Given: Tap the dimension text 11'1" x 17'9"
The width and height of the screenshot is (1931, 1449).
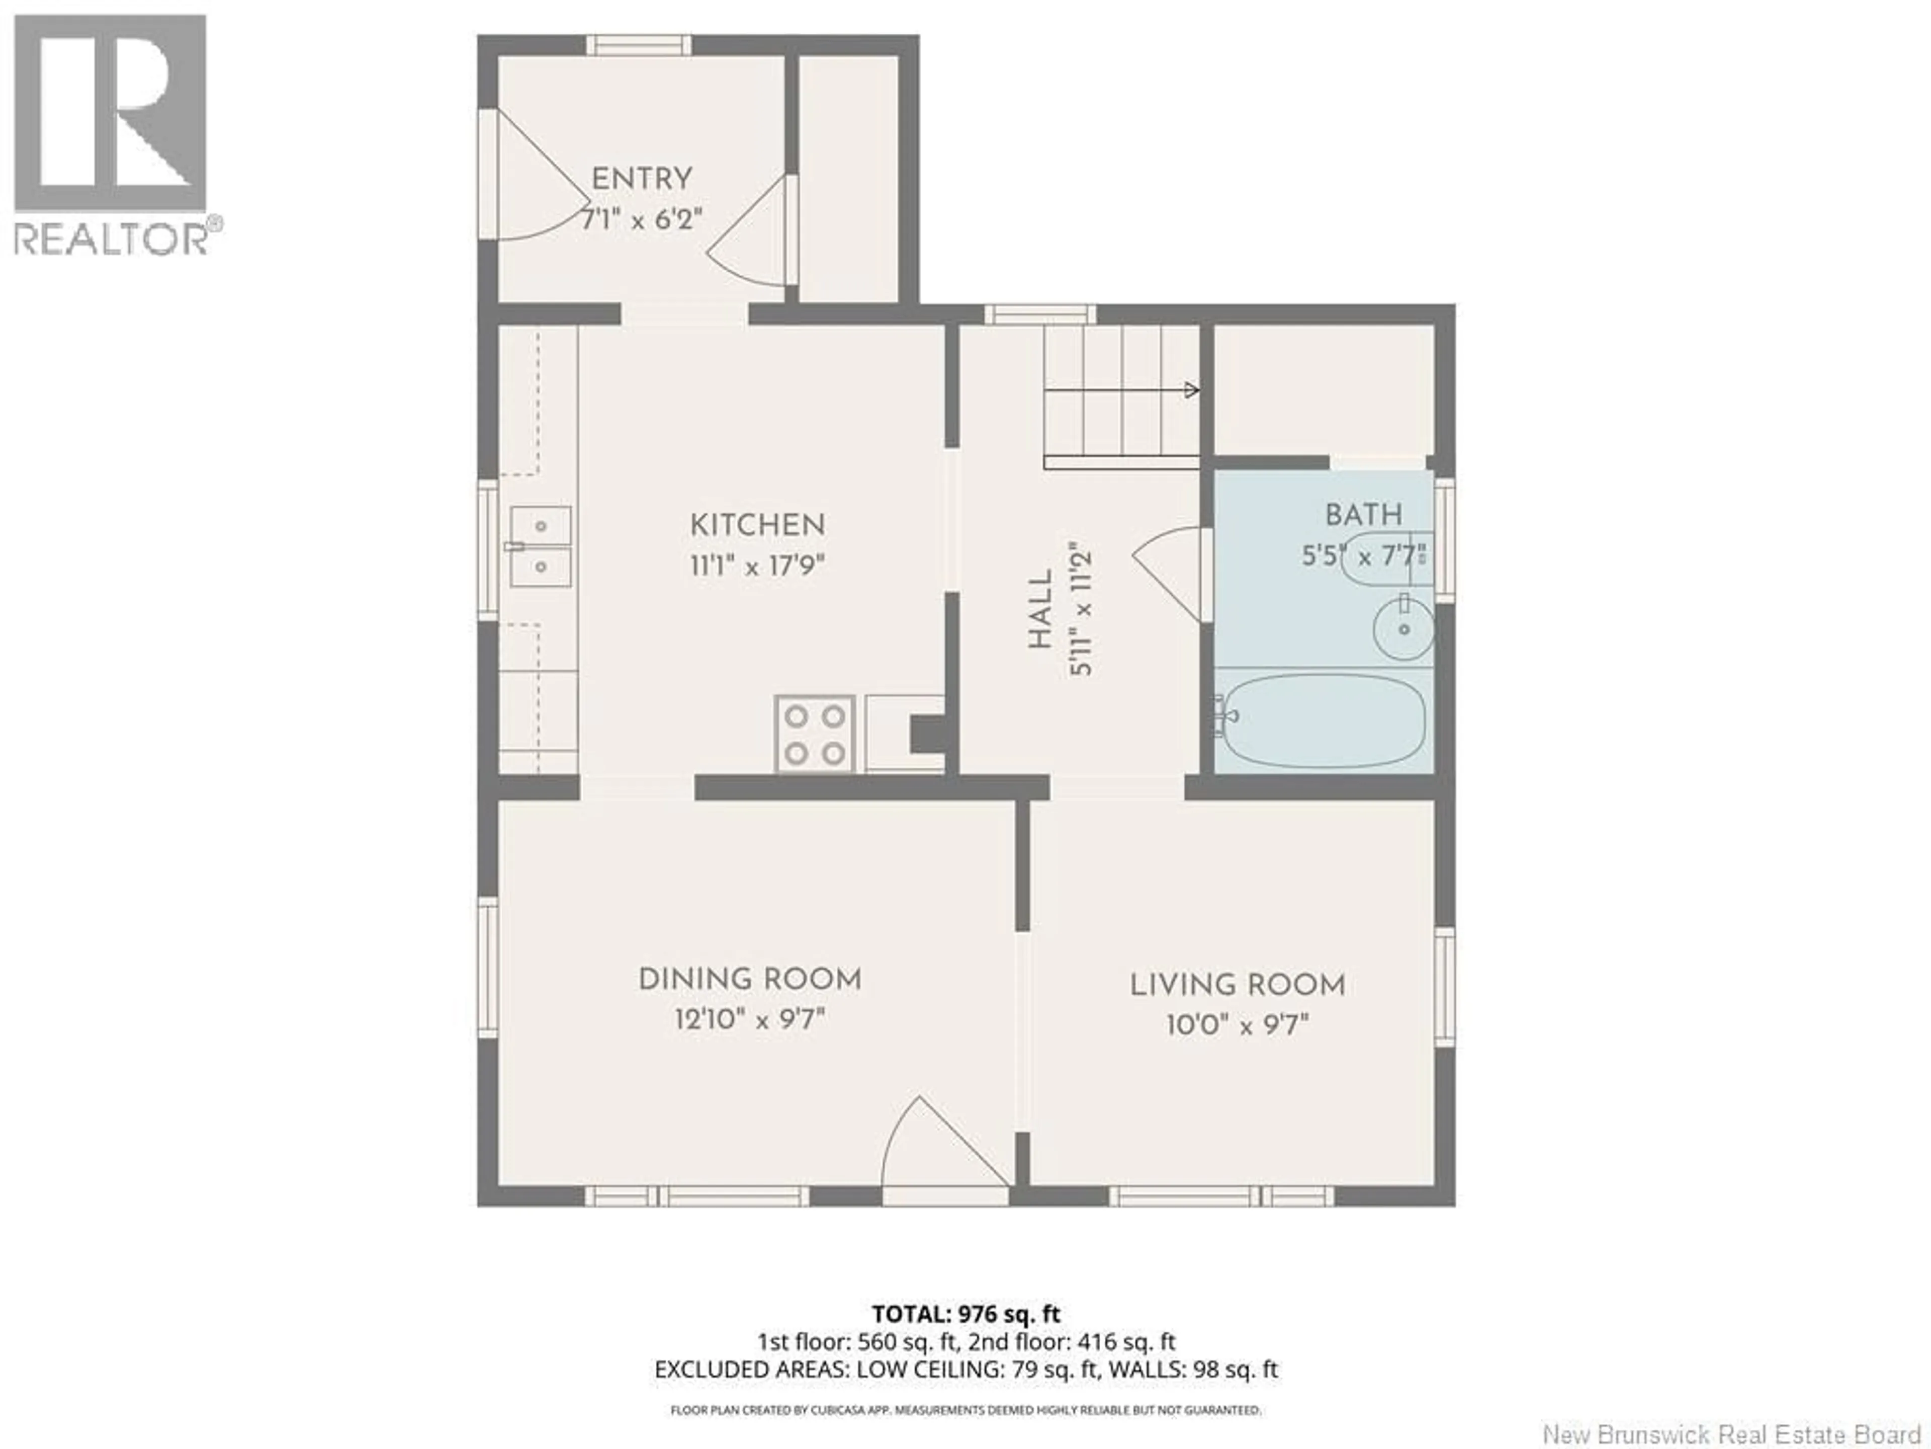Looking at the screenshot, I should pos(757,566).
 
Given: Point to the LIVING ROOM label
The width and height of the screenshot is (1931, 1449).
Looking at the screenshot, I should pos(1237,985).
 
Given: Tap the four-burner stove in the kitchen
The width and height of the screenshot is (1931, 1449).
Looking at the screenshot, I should pos(814,734).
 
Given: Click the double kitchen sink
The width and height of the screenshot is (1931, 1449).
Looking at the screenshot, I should pos(541,547).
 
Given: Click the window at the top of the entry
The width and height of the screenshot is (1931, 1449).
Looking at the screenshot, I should pos(638,45).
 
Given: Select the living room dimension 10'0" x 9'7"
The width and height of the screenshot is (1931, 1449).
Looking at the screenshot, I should pos(1237,1024).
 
